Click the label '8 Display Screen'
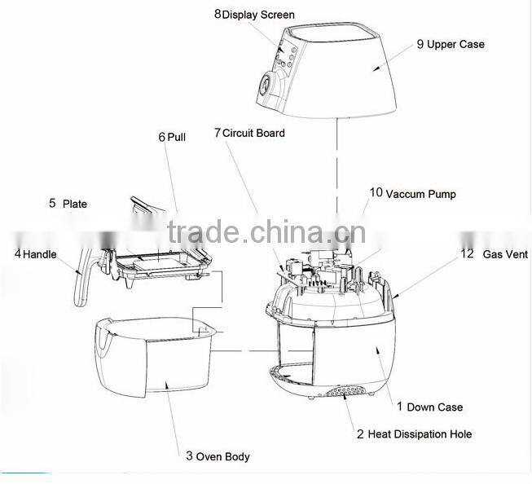[x=254, y=14]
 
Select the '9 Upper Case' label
[x=450, y=44]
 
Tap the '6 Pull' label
[x=172, y=137]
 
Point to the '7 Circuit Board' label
[x=249, y=132]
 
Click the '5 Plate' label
[x=67, y=204]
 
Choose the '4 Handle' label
[x=35, y=254]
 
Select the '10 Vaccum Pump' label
[x=412, y=194]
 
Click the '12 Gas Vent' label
[x=494, y=254]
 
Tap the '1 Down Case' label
[x=429, y=407]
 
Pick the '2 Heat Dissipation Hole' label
[x=414, y=433]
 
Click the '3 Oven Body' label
[x=218, y=456]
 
